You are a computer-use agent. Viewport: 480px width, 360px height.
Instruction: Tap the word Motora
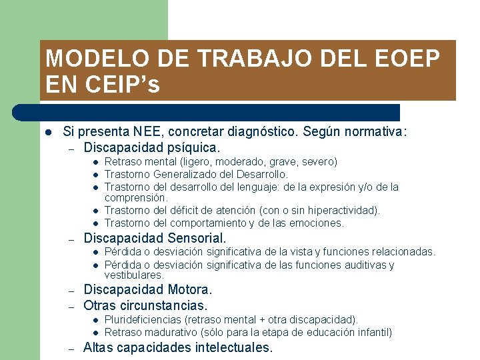tap(188, 290)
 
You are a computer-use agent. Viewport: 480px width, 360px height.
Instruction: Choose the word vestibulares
tap(134, 275)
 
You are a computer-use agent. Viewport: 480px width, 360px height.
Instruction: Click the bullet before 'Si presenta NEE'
tap(48, 132)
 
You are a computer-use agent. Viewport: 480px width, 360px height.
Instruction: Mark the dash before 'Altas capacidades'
tap(71, 348)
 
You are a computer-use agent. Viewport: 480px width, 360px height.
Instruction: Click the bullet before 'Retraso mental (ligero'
tap(96, 162)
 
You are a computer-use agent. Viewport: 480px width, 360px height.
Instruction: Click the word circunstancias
tap(163, 305)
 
